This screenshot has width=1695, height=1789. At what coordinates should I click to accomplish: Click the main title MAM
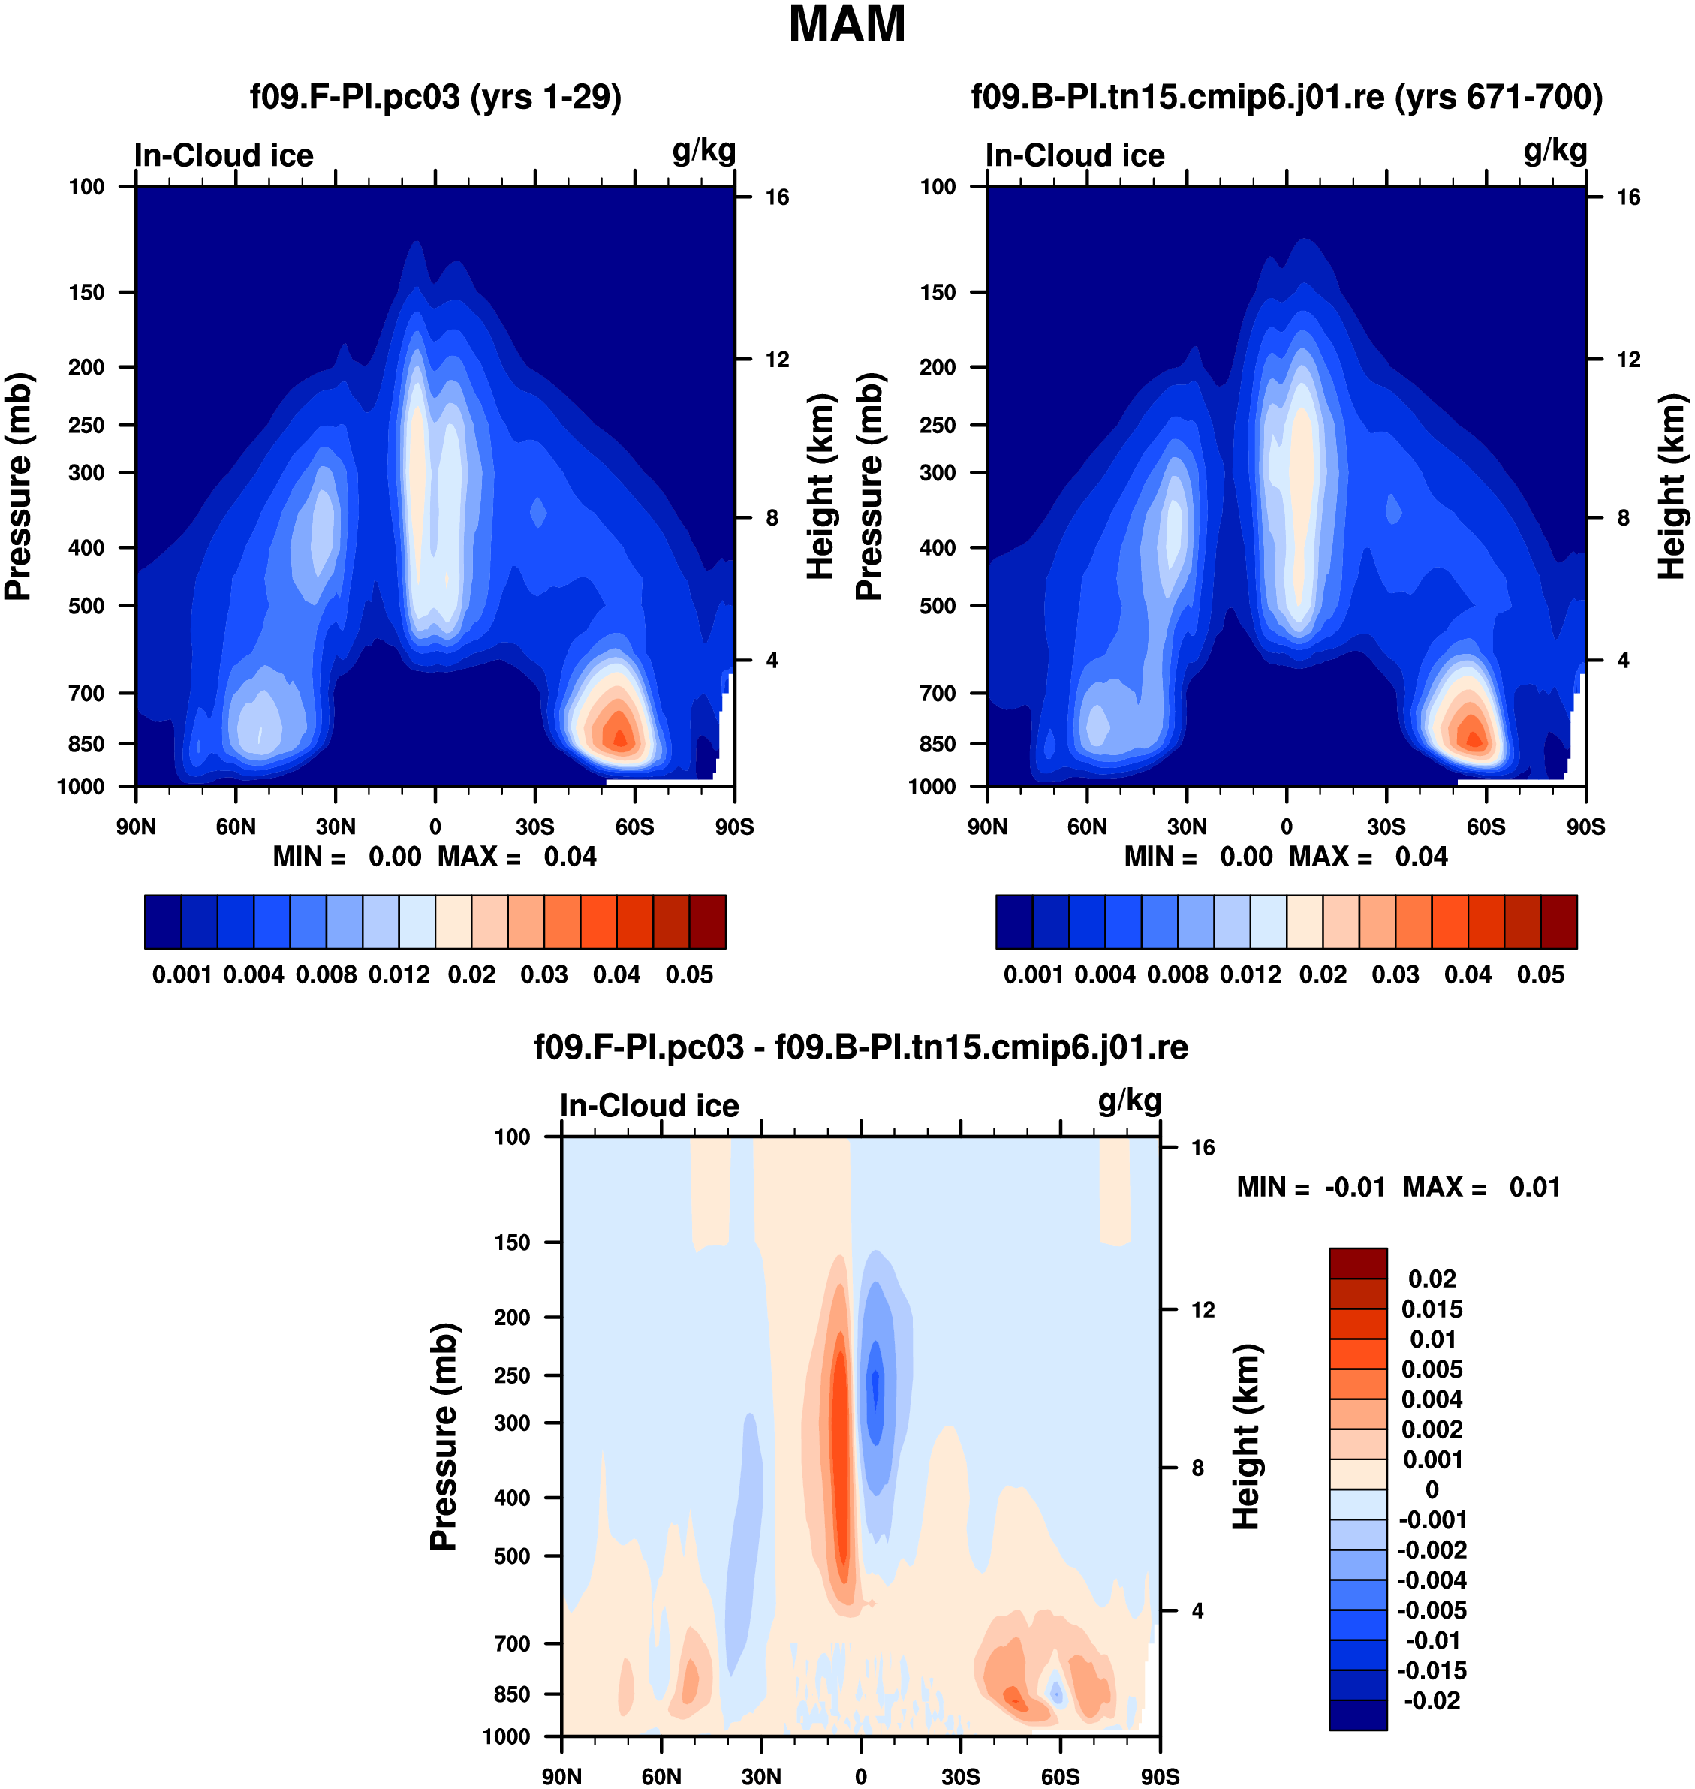tap(847, 24)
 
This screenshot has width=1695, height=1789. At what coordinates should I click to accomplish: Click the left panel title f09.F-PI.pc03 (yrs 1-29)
tap(435, 97)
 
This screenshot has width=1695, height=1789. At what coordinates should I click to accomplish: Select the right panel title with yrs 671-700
tap(1287, 97)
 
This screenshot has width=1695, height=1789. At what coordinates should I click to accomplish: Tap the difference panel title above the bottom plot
tap(860, 1047)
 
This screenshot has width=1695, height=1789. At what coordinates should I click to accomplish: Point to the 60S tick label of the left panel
tap(634, 827)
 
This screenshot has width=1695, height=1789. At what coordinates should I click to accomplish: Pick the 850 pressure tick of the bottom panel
tap(511, 1694)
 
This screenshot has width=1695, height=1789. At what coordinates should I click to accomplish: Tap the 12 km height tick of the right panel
tap(1628, 360)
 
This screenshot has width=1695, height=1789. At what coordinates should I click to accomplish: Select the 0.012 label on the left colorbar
tap(399, 975)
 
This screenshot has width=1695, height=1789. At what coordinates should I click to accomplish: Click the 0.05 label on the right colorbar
tap(1540, 975)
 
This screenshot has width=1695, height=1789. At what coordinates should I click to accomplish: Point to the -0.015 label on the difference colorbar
tap(1432, 1670)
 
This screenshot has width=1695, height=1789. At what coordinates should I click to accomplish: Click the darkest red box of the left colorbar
tap(707, 922)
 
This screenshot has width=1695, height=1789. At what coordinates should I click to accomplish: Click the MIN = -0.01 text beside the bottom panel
tap(1310, 1187)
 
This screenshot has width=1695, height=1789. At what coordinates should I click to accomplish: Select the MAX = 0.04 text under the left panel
tap(516, 857)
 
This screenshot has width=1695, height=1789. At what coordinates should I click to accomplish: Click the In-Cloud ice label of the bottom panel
tap(649, 1106)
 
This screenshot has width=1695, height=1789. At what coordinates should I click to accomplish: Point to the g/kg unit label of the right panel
tap(1555, 151)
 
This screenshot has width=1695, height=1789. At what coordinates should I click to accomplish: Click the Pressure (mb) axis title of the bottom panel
tap(444, 1437)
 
